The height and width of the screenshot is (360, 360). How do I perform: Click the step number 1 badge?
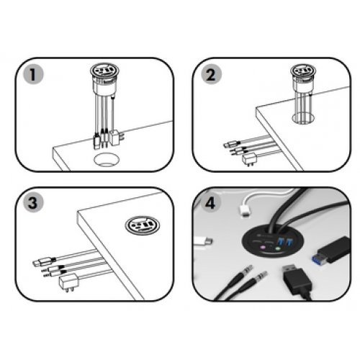coord(33,74)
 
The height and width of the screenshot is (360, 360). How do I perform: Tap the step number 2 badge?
coord(211,74)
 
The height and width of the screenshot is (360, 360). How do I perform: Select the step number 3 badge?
coord(33,202)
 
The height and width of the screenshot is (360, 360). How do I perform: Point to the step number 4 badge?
coord(211,203)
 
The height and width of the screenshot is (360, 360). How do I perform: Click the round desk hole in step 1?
coord(107,160)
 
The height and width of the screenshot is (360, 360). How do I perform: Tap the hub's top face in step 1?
coord(104,71)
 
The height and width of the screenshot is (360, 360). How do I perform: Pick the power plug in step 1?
coord(116,138)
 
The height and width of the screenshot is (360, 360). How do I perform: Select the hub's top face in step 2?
coord(303,71)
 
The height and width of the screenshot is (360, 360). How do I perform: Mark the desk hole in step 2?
coord(303,118)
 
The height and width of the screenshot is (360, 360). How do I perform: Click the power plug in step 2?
coord(250,160)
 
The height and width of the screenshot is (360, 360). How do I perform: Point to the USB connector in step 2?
coord(232,145)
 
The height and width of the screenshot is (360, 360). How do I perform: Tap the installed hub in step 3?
coord(143,225)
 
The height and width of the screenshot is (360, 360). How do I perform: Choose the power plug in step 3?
coord(68,282)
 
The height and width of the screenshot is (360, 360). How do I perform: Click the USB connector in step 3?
coord(44,262)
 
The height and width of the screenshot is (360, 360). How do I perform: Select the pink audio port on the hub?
coord(262,248)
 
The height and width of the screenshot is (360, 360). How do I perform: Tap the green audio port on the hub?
coord(278,249)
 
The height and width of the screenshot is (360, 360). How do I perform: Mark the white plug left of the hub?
coord(203,241)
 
